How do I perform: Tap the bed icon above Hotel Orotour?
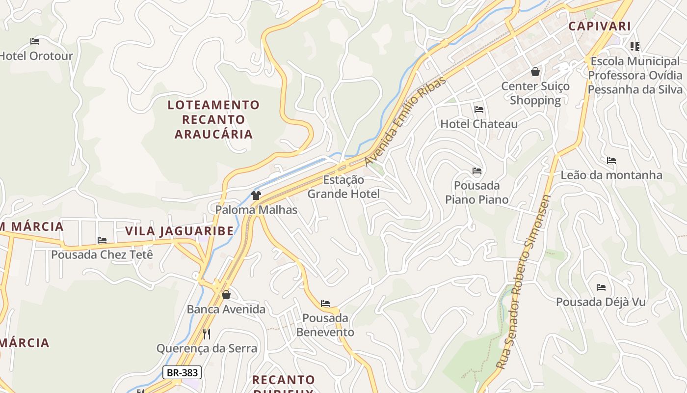34,41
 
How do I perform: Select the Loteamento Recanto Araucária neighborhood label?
213,119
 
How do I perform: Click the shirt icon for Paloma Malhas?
256,196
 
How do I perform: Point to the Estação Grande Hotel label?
343,187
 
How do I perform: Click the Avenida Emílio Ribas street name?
405,121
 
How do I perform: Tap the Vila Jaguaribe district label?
179,231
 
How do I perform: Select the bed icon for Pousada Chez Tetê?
102,240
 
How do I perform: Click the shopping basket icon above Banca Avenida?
226,295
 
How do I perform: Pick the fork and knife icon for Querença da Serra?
207,334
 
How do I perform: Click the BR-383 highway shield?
182,372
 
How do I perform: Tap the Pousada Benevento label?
325,325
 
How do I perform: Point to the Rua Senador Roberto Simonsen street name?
523,282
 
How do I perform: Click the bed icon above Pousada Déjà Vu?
601,287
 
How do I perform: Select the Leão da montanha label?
611,175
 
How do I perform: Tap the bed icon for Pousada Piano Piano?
476,171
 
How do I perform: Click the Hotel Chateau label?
479,124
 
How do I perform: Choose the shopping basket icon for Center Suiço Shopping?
535,72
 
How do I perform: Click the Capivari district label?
600,26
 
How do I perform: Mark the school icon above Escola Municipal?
635,47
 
